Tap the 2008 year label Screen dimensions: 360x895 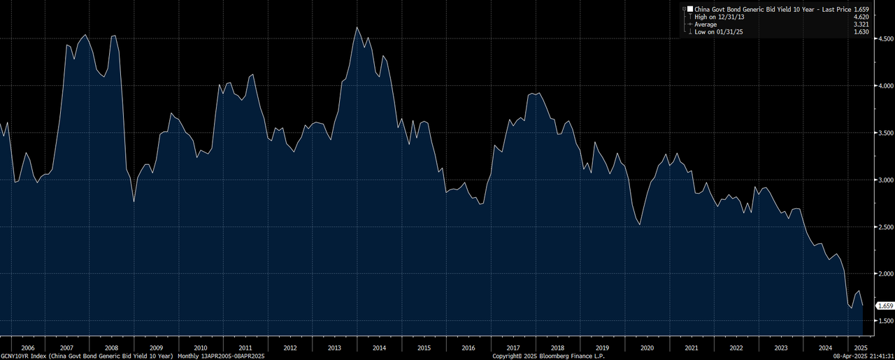(x=111, y=347)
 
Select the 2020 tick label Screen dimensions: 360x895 (x=647, y=347)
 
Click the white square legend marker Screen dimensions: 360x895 (x=689, y=8)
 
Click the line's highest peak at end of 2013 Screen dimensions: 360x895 (x=357, y=27)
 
